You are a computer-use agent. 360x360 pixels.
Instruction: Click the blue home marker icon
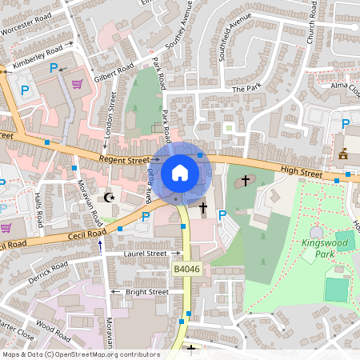(x=180, y=172)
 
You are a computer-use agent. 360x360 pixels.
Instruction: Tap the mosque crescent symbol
(x=110, y=198)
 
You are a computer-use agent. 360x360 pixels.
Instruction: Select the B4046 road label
(x=186, y=270)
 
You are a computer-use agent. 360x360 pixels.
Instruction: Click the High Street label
(x=302, y=172)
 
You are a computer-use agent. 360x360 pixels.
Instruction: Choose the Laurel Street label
(x=145, y=254)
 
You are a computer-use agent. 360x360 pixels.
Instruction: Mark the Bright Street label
(x=146, y=292)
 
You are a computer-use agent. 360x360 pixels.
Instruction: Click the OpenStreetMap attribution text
(x=81, y=354)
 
